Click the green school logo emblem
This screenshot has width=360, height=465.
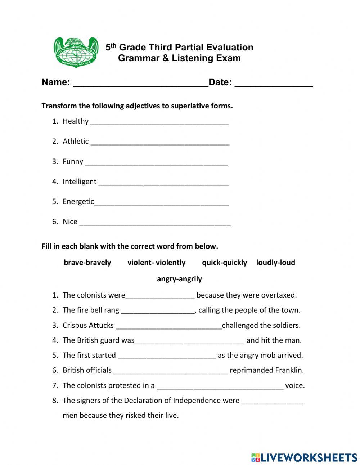pyautogui.click(x=76, y=52)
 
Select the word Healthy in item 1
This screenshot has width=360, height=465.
pyautogui.click(x=75, y=121)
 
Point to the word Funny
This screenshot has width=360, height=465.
pyautogui.click(x=73, y=161)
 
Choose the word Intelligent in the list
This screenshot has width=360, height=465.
pyautogui.click(x=79, y=182)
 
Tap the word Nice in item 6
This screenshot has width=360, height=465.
pyautogui.click(x=70, y=222)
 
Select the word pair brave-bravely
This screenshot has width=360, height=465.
pyautogui.click(x=87, y=263)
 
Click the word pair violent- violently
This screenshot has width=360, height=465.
pyautogui.click(x=156, y=263)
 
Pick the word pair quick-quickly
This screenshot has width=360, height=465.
pyautogui.click(x=224, y=263)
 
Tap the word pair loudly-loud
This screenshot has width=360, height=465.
pyautogui.click(x=275, y=263)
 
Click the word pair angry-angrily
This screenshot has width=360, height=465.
pyautogui.click(x=179, y=279)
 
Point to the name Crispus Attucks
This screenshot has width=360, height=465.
pyautogui.click(x=88, y=325)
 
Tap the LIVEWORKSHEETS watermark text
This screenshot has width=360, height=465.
pyautogui.click(x=309, y=457)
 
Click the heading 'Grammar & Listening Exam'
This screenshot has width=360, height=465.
pyautogui.click(x=179, y=58)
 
